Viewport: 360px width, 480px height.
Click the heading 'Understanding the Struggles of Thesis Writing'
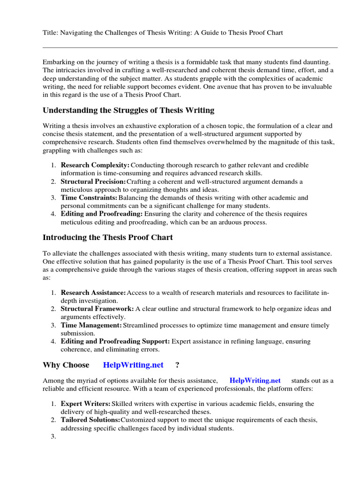pyautogui.click(x=128, y=111)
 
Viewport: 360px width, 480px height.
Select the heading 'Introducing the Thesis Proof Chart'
pyautogui.click(x=108, y=237)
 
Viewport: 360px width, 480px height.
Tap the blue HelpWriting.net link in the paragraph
pyautogui.click(x=255, y=381)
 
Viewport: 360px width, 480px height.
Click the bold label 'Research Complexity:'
pyautogui.click(x=95, y=165)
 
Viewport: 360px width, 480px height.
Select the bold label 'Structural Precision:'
pyautogui.click(x=93, y=181)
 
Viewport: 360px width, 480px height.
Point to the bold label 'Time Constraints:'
pyautogui.click(x=89, y=198)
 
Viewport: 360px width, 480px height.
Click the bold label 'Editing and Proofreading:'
pyautogui.click(x=100, y=214)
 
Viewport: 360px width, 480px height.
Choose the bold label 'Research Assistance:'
pyautogui.click(x=93, y=292)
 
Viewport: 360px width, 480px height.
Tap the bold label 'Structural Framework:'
pyautogui.click(x=97, y=309)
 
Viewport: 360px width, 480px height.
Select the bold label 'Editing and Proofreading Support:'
pyautogui.click(x=115, y=341)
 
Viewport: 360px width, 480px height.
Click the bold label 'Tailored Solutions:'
pyautogui.click(x=90, y=420)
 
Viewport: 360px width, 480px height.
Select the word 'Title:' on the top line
pyautogui.click(x=51, y=33)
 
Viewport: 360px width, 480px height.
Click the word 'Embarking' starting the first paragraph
pyautogui.click(x=59, y=62)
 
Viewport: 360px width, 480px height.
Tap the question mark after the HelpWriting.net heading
pyautogui.click(x=177, y=365)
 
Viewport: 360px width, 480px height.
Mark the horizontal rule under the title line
pyautogui.click(x=190, y=47)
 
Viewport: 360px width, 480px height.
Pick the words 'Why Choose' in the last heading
pyautogui.click(x=66, y=365)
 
